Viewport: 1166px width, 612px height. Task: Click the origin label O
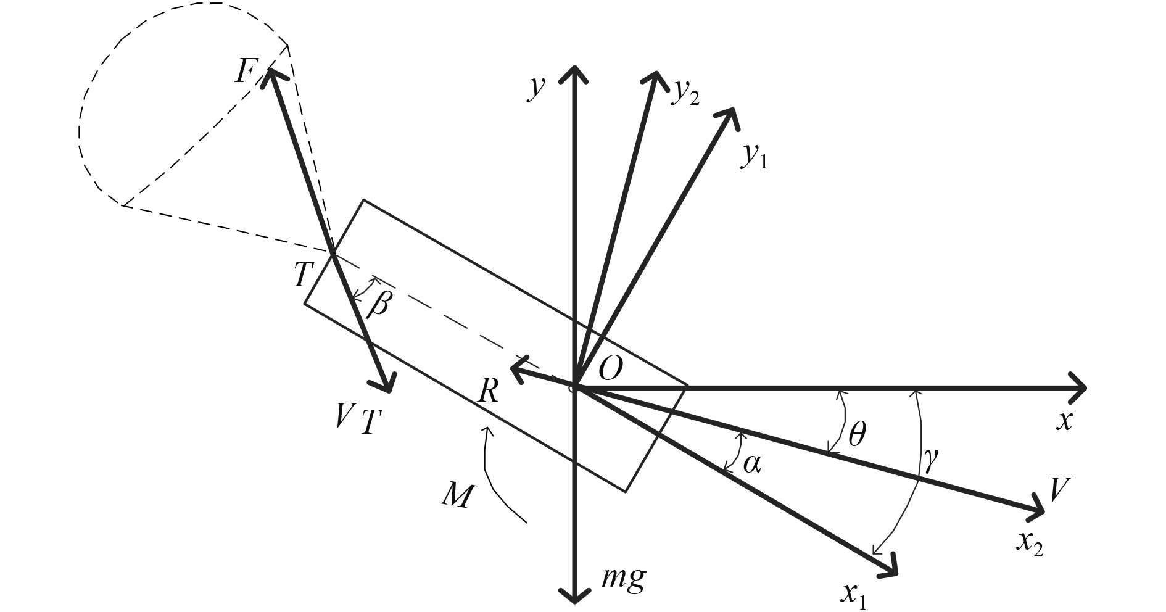pyautogui.click(x=611, y=370)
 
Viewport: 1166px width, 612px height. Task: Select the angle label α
pyautogui.click(x=751, y=463)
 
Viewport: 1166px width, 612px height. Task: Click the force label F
pyautogui.click(x=246, y=72)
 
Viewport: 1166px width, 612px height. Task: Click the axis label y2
pyautogui.click(x=685, y=93)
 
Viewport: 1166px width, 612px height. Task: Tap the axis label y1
pyautogui.click(x=754, y=157)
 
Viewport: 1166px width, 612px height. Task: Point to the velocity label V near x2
pyautogui.click(x=1059, y=490)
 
